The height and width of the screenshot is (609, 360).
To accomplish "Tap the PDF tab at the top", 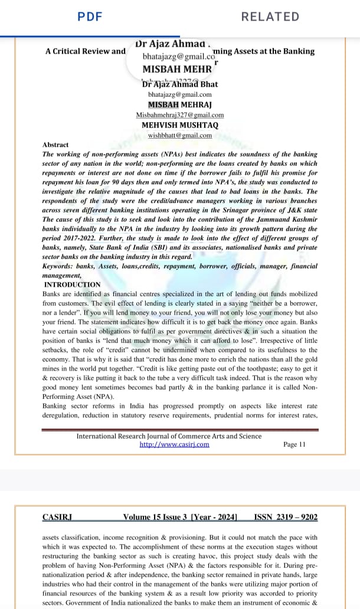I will click(x=90, y=17).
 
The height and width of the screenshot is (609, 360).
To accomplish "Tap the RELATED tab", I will click(x=270, y=17).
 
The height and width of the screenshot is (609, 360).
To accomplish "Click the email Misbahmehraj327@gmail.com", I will click(x=180, y=114).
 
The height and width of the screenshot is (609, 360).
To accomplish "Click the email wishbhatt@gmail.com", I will click(x=180, y=135).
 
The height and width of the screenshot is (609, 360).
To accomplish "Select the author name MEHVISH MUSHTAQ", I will click(x=180, y=125).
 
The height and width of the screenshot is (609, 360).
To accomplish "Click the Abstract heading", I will click(x=55, y=145).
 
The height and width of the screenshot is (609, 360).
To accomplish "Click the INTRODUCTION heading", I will click(x=73, y=284).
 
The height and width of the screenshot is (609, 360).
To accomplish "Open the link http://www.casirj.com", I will click(x=174, y=444).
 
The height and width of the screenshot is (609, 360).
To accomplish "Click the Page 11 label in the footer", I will click(x=294, y=444).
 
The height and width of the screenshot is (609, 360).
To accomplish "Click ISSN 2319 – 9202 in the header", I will click(x=286, y=518).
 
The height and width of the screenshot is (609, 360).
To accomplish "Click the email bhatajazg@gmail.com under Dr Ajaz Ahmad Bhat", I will click(x=180, y=94).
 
